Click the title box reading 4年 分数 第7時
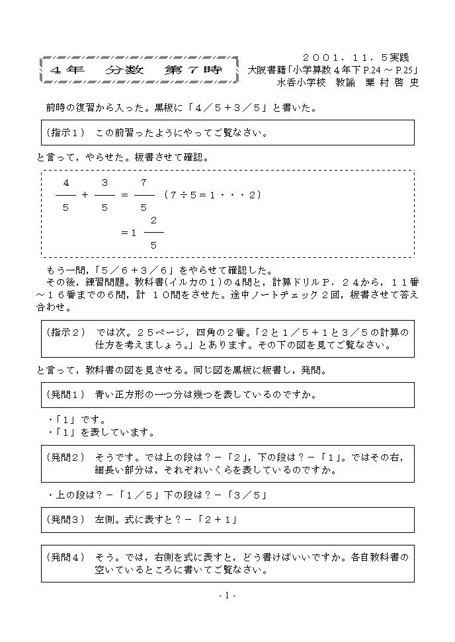140,69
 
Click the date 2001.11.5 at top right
351,58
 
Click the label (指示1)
66,132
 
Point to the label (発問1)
66,395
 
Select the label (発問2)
66,457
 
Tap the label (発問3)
66,520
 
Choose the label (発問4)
66,557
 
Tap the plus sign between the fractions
85,195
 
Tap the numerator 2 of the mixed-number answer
153,220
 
